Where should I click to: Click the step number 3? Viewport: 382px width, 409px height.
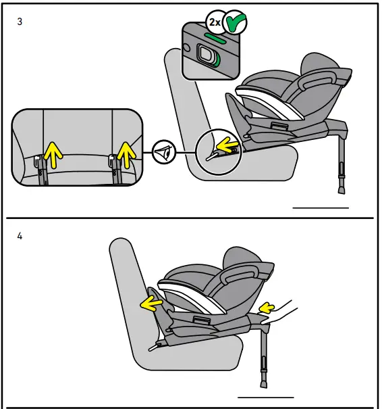click(20, 22)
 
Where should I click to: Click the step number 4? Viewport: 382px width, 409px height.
click(20, 237)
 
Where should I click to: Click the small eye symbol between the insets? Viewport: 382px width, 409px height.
click(164, 152)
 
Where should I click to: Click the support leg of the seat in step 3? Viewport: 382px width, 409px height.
click(339, 166)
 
